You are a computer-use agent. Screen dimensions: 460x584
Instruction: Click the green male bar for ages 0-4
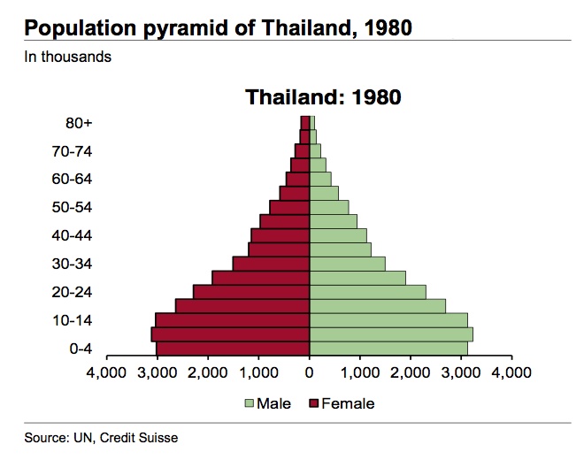(x=389, y=349)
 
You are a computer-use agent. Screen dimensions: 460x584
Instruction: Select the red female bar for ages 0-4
(x=233, y=349)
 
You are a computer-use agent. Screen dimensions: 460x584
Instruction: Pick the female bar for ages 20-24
(x=251, y=292)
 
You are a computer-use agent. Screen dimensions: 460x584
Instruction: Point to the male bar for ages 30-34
(x=347, y=264)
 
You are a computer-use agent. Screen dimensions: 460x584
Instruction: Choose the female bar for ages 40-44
(x=280, y=235)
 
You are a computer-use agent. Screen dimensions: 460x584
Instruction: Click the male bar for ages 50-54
(x=329, y=207)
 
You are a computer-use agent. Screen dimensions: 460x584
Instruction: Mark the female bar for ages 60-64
(x=297, y=179)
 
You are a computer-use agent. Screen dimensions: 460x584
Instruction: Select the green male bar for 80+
(x=312, y=122)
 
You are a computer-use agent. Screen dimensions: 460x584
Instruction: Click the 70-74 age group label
(x=72, y=151)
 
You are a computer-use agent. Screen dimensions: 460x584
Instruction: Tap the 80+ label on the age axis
(x=79, y=123)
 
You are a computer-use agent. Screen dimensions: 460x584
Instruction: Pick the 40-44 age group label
(x=72, y=236)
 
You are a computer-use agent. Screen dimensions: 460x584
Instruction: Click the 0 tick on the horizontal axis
(x=310, y=373)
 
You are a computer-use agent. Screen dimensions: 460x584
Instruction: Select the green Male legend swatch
(x=250, y=404)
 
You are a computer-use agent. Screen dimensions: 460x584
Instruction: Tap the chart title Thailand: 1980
(x=323, y=96)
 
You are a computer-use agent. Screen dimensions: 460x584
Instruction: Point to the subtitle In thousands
(x=67, y=57)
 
